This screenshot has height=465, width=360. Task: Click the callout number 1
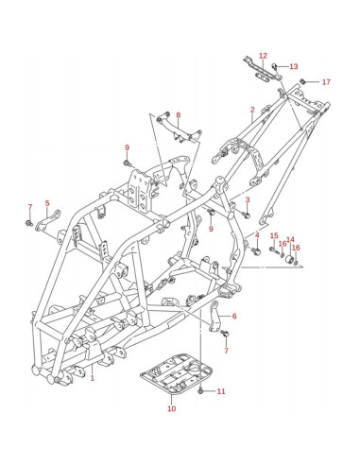(x=93, y=378)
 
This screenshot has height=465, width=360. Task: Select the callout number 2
(x=252, y=110)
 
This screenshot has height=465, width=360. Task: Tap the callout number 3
(x=248, y=199)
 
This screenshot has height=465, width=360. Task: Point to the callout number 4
(x=257, y=235)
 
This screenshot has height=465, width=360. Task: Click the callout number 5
(x=47, y=203)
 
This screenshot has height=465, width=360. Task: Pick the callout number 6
(x=234, y=316)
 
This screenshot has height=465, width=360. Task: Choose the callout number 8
(x=179, y=115)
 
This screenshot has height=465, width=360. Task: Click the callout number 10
(x=172, y=408)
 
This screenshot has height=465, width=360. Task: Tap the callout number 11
(x=221, y=391)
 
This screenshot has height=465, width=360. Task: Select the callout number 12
(x=263, y=56)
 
